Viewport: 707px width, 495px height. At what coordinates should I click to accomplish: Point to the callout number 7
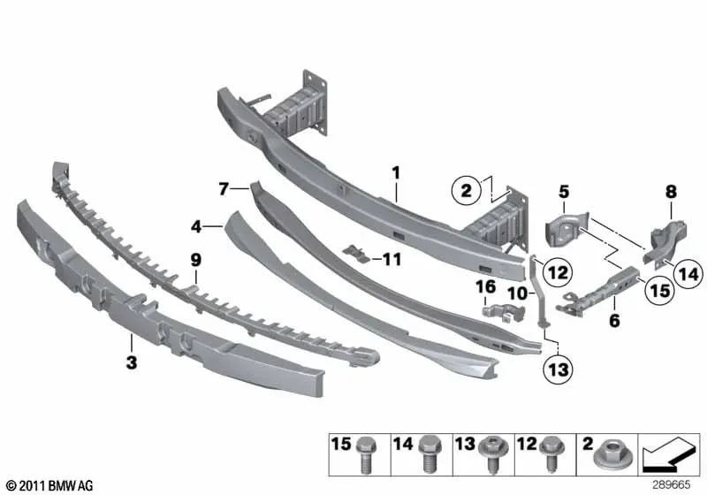click(x=224, y=188)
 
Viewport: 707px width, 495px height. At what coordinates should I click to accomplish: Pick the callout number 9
click(x=195, y=259)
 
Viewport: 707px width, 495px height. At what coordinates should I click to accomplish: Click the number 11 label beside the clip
click(x=392, y=259)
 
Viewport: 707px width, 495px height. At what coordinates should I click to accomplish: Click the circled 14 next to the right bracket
click(x=689, y=275)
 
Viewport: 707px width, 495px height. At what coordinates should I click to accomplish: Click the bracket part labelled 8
click(x=663, y=240)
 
